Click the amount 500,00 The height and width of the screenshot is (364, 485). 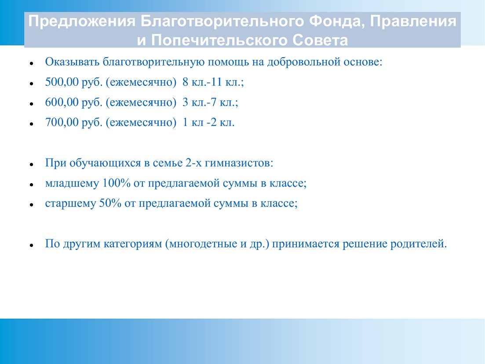[x=62, y=82]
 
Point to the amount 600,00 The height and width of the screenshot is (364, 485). [x=62, y=102]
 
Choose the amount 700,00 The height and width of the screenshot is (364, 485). [x=62, y=122]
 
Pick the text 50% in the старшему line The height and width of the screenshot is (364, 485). [x=110, y=203]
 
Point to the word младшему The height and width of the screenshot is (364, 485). [x=72, y=184]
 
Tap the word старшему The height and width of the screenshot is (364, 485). [x=70, y=204]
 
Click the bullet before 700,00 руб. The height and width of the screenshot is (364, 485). [x=32, y=124]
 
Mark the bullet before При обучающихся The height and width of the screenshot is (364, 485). [x=32, y=164]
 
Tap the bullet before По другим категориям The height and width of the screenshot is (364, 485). [x=32, y=245]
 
